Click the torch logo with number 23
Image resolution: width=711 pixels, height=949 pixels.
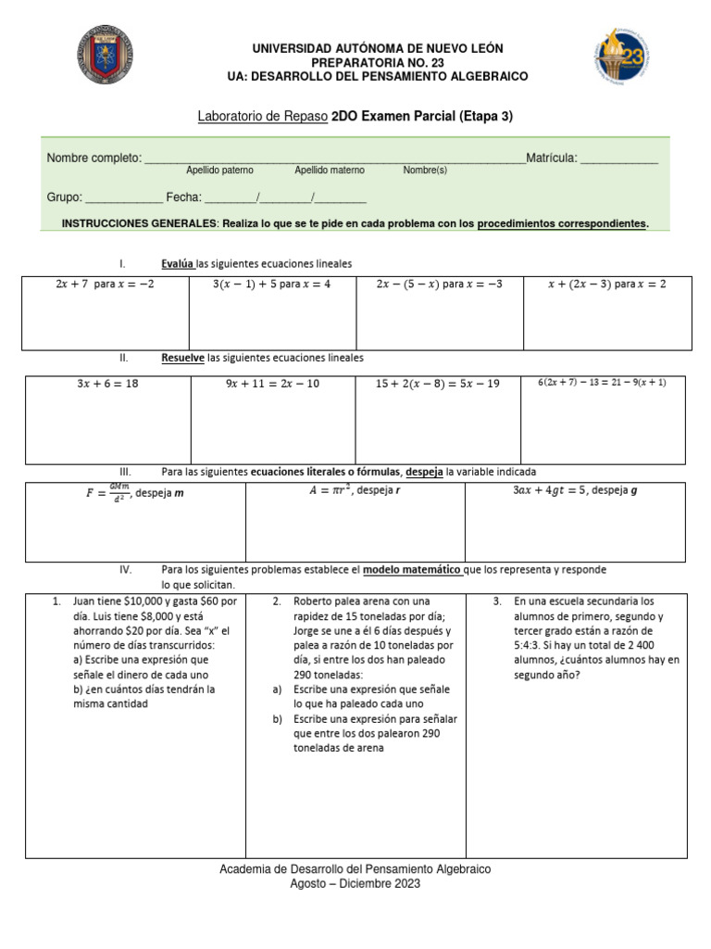pyautogui.click(x=619, y=57)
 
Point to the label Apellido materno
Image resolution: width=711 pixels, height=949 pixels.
pyautogui.click(x=330, y=171)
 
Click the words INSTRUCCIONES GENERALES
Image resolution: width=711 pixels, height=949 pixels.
pyautogui.click(x=139, y=223)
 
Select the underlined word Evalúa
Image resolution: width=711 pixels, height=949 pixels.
pyautogui.click(x=178, y=264)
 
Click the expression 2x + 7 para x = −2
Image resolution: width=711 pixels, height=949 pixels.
pyautogui.click(x=106, y=285)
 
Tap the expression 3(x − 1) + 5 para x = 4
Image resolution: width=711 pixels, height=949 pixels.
pyautogui.click(x=272, y=285)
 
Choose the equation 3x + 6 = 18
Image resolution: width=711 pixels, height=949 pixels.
pyautogui.click(x=107, y=384)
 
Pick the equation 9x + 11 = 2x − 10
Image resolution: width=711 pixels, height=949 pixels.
pyautogui.click(x=272, y=384)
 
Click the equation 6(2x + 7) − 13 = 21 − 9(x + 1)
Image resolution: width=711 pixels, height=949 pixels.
pyautogui.click(x=603, y=382)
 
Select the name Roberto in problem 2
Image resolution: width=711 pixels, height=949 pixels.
pyautogui.click(x=314, y=601)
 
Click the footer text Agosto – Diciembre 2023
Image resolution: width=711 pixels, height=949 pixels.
pyautogui.click(x=355, y=884)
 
